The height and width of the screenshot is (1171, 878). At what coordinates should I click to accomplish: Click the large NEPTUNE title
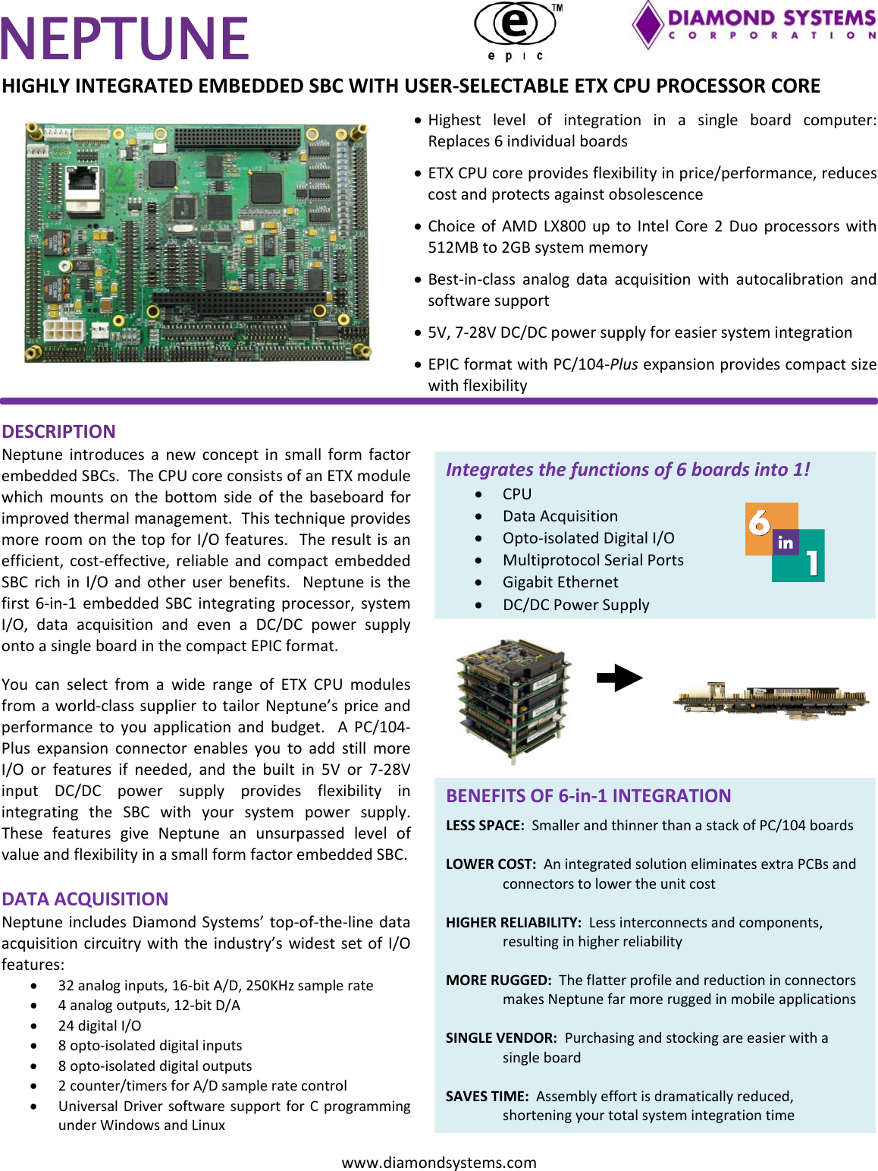coord(125,38)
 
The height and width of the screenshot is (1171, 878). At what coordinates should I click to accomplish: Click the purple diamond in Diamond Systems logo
coord(648,24)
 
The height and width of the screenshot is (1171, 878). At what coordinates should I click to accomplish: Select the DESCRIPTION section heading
coord(58,431)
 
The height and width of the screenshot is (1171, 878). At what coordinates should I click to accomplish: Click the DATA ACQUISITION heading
coord(85,899)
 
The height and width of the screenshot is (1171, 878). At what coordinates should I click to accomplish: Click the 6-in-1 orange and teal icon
coord(785,543)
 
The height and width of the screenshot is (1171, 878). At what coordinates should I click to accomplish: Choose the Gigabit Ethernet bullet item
coord(560,582)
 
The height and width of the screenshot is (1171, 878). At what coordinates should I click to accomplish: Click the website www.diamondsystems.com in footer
coord(439,1162)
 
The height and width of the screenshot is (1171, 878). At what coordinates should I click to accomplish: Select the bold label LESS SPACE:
coord(484,825)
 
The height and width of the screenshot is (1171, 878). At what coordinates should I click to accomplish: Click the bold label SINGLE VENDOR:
coord(501,1037)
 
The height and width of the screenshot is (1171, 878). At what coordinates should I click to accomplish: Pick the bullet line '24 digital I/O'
coord(99,1025)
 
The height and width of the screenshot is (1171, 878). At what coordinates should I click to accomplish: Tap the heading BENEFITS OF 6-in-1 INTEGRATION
coord(588,795)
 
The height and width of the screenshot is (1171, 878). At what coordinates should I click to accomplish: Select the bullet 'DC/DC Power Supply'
coord(575,605)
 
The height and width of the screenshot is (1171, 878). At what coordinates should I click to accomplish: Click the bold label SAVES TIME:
coord(487,1096)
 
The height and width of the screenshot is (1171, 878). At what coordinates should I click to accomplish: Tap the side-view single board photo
coord(771,699)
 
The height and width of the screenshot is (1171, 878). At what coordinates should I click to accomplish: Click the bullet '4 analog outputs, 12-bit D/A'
coord(149,1005)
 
